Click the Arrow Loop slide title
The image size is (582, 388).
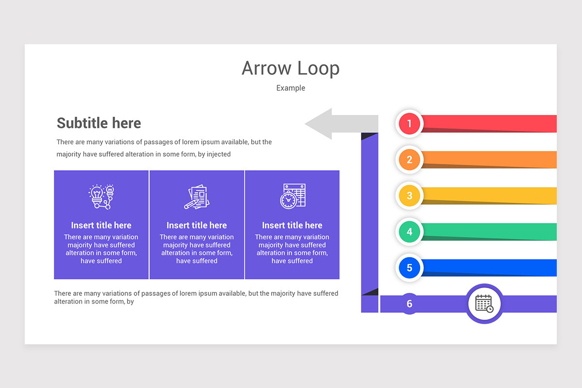tap(291, 68)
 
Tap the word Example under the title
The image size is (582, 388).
tap(291, 88)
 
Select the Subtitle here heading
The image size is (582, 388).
tap(99, 123)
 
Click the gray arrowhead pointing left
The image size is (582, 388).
tap(320, 124)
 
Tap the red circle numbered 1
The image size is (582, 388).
tap(409, 124)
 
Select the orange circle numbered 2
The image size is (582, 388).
tap(409, 160)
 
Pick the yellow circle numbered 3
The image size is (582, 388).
tap(409, 195)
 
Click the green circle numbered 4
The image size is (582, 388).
tap(409, 232)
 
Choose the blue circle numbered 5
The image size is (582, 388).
tap(409, 268)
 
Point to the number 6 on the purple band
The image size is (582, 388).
tap(409, 304)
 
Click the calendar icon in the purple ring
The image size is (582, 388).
tap(484, 304)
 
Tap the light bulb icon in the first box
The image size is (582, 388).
tap(101, 197)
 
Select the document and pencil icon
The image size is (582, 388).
tap(196, 197)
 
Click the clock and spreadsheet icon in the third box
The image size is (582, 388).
tap(292, 196)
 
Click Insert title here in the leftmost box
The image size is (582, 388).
tap(101, 225)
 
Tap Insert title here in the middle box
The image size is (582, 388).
tap(196, 225)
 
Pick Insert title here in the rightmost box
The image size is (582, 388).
tap(292, 225)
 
